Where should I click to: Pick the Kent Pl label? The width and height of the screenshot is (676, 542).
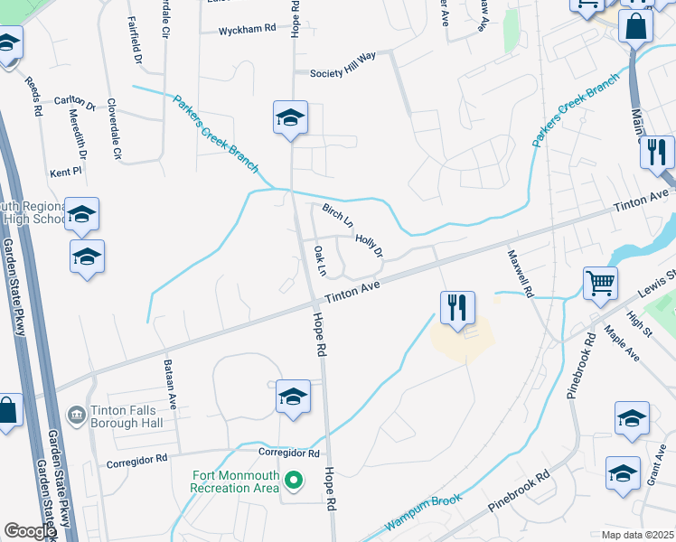coord(66,171)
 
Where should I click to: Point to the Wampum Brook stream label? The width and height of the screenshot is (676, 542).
coord(424,510)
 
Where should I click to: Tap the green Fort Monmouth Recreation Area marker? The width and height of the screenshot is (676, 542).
coord(292,480)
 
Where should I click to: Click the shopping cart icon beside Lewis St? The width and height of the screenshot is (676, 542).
coord(600,283)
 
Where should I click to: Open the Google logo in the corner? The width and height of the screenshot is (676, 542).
coord(30,531)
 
